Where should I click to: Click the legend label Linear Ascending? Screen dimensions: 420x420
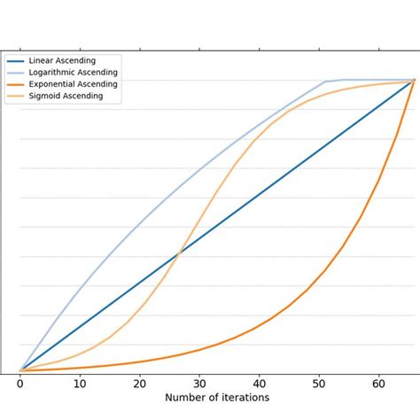click(x=64, y=60)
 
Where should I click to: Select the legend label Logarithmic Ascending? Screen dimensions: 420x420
click(x=72, y=72)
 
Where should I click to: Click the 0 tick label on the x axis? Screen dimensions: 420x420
click(x=20, y=384)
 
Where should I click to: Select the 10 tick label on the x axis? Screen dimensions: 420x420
click(x=80, y=384)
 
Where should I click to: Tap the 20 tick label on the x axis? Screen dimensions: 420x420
click(x=140, y=384)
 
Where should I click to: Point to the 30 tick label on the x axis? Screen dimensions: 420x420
click(x=199, y=384)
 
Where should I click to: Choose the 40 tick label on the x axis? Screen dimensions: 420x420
click(x=260, y=384)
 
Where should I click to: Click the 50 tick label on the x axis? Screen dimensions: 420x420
click(x=319, y=384)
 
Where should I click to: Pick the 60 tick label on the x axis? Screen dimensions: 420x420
click(x=379, y=384)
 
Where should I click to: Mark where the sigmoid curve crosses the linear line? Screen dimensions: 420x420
click(x=180, y=253)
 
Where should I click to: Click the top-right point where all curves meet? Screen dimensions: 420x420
click(x=414, y=81)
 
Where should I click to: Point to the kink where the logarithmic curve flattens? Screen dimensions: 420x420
click(x=326, y=82)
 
